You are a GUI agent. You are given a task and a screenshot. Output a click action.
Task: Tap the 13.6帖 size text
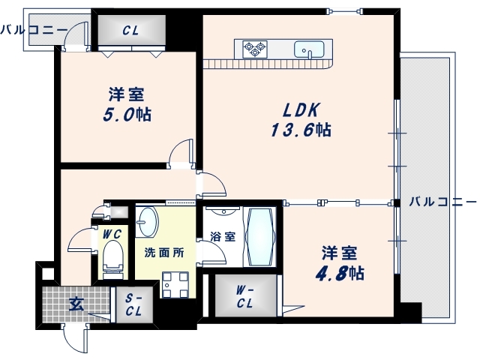(x=301, y=130)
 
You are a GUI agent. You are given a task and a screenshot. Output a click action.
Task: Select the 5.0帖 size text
(x=127, y=115)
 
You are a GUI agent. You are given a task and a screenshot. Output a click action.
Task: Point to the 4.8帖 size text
(x=340, y=272)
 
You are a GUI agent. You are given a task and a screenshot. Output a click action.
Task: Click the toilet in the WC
(x=113, y=256)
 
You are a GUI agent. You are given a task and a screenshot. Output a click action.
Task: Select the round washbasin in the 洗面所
(x=148, y=221)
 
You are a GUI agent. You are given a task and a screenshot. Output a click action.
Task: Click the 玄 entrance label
(x=76, y=304)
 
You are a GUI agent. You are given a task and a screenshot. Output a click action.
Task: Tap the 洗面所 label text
(x=164, y=252)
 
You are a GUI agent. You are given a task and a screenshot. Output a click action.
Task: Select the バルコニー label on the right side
(x=443, y=202)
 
